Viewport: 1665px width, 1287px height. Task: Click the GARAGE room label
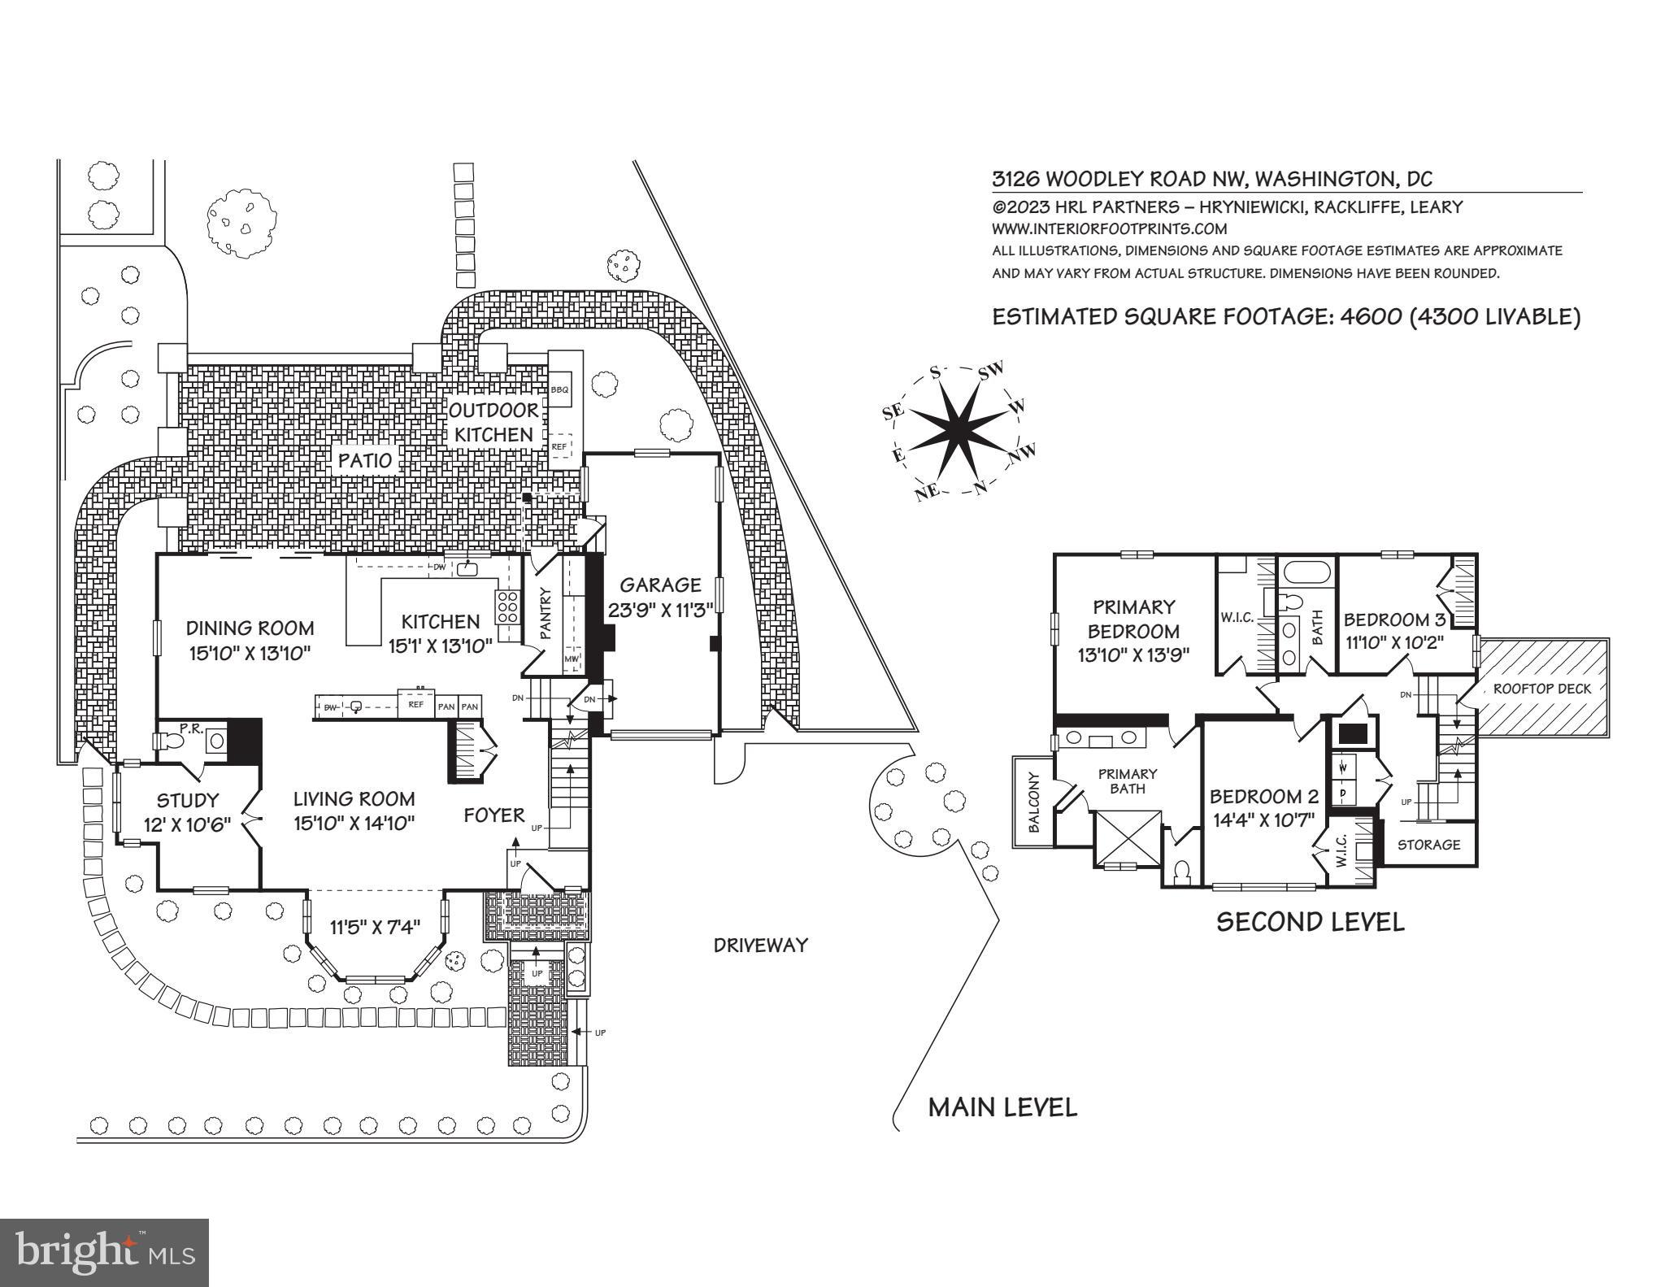[660, 585]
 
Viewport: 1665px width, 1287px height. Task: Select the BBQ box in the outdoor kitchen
[559, 390]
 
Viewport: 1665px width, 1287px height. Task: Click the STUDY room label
[188, 800]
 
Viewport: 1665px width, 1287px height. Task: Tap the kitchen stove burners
[508, 607]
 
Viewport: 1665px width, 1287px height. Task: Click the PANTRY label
[546, 614]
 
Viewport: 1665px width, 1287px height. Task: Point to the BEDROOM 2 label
[1263, 797]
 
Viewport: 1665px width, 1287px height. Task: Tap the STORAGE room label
[1428, 845]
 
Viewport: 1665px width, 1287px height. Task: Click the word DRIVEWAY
[760, 945]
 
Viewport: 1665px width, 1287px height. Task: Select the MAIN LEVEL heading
[1002, 1107]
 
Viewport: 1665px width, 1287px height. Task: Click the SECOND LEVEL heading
[1310, 922]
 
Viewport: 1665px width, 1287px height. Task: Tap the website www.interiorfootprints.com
[1109, 229]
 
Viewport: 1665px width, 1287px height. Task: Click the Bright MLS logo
[104, 1251]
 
